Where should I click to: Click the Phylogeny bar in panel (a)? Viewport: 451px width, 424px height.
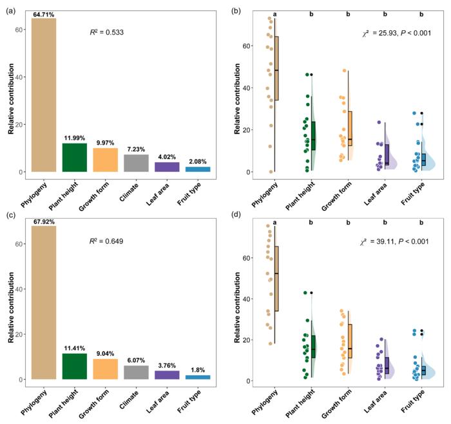(44, 95)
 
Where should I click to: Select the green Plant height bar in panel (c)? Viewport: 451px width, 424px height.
(75, 366)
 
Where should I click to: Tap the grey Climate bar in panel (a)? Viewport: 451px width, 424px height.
(137, 163)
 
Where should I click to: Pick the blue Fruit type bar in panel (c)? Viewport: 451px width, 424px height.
(198, 377)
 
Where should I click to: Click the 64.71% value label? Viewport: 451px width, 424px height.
(44, 15)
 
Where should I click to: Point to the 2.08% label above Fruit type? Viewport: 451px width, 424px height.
(198, 161)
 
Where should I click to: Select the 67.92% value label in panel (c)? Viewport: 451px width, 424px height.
(44, 222)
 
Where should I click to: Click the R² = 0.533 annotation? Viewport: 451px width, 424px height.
(107, 32)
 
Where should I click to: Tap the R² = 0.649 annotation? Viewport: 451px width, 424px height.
(106, 241)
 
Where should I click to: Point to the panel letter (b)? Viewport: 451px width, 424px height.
(236, 11)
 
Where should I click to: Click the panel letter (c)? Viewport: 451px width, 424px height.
(11, 216)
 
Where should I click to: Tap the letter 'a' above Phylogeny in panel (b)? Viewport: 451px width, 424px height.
(274, 14)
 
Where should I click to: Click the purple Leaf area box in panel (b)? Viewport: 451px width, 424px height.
(387, 154)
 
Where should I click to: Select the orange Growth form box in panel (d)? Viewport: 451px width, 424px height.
(350, 341)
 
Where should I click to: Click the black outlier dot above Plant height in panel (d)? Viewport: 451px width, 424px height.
(311, 293)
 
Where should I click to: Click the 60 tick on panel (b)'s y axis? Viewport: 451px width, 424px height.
(246, 46)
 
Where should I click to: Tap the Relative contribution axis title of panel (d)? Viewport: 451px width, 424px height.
(237, 308)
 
